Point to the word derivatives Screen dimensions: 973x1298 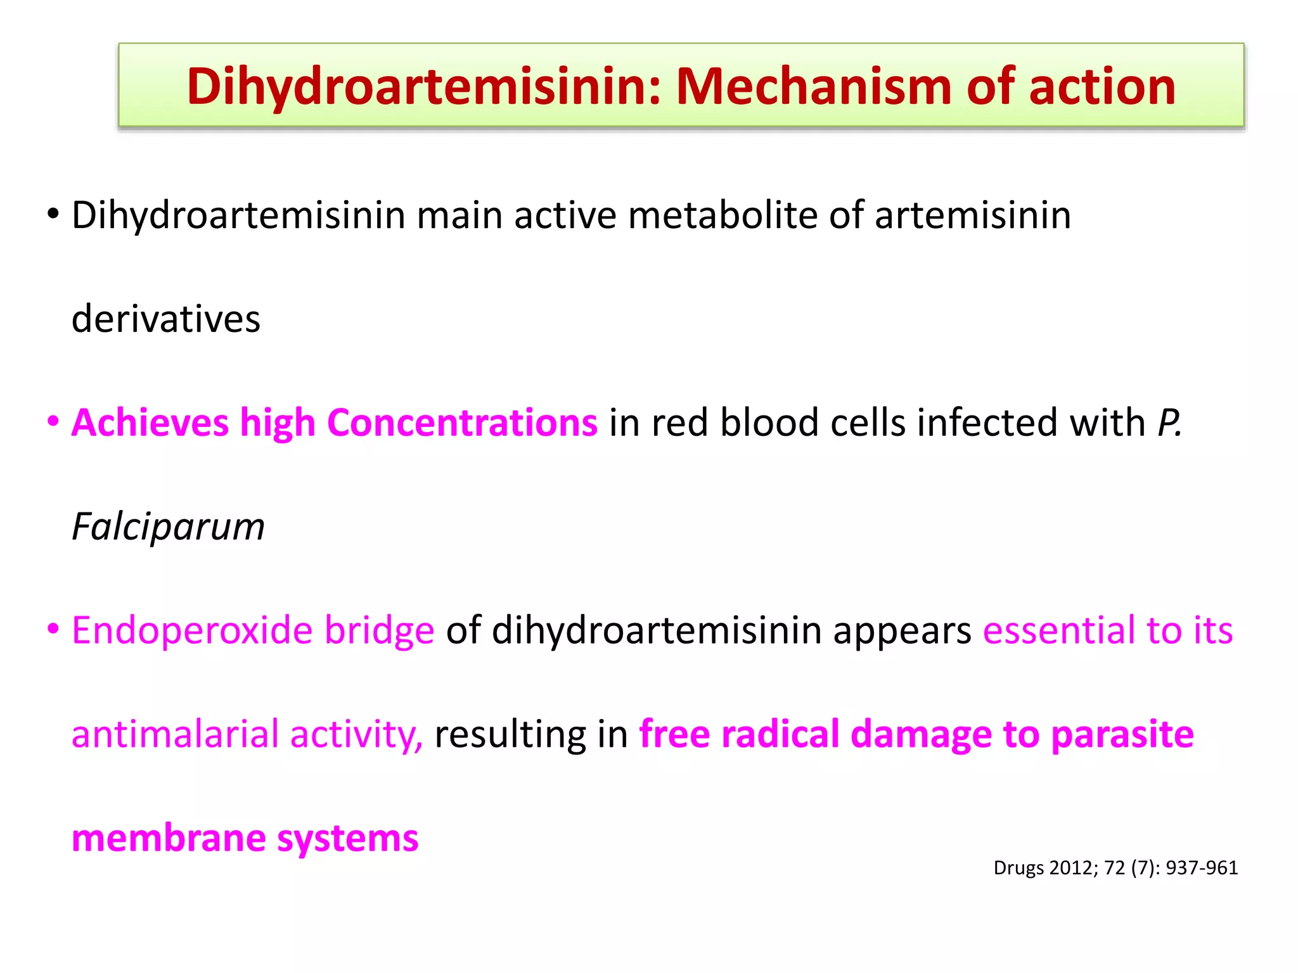click(166, 319)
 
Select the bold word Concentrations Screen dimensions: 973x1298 click(462, 423)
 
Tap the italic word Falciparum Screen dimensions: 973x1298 click(168, 527)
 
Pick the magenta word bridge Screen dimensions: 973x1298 click(379, 631)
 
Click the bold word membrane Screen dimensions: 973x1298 click(169, 838)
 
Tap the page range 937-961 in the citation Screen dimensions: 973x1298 click(1202, 868)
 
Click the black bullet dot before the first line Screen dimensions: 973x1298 click(53, 214)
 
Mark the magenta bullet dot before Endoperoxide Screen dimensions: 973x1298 click(53, 630)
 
